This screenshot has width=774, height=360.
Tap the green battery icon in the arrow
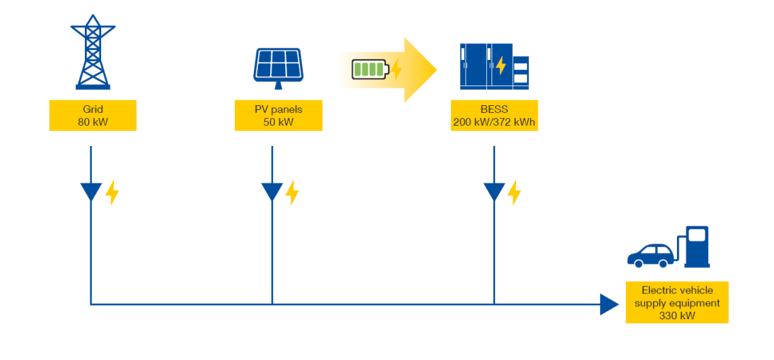click(369, 69)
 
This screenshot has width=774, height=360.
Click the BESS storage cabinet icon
click(494, 66)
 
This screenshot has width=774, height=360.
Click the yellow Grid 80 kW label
click(93, 115)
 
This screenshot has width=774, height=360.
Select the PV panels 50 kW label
click(278, 115)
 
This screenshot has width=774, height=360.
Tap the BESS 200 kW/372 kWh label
click(494, 115)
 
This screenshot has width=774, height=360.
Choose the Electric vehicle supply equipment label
click(677, 302)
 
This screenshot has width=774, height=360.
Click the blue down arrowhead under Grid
click(91, 192)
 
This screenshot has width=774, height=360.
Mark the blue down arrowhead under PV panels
click(272, 192)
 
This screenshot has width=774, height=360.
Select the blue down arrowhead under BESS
click(494, 192)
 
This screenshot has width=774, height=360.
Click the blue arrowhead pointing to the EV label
click(609, 304)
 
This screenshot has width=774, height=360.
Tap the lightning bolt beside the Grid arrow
click(112, 193)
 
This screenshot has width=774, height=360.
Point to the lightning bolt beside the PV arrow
click(292, 193)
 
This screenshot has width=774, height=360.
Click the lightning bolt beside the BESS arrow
click(515, 193)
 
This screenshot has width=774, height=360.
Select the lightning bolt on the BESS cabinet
click(501, 66)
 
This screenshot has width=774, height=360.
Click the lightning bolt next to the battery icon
click(397, 69)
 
